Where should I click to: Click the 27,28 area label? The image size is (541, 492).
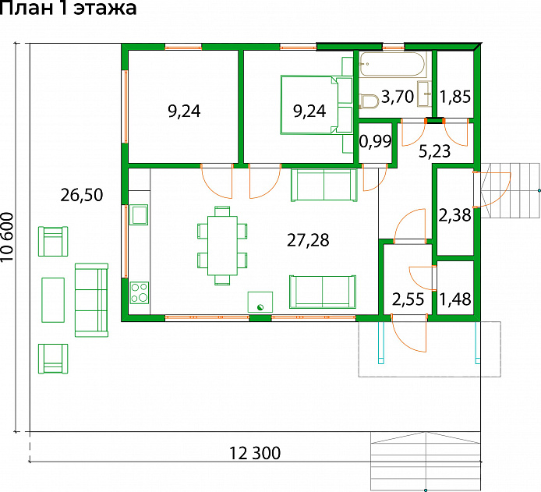click(308, 240)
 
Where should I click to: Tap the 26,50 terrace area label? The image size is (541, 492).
click(82, 195)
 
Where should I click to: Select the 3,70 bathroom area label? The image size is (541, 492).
click(397, 97)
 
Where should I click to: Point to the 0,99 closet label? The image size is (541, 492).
click(376, 141)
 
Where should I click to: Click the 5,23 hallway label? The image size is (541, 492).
click(435, 151)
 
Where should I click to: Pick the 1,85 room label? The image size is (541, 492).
click(455, 97)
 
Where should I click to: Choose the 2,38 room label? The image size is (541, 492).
click(454, 215)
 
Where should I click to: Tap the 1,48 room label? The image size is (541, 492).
click(455, 299)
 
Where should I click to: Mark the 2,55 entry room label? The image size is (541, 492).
click(408, 299)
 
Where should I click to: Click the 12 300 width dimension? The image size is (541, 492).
click(255, 453)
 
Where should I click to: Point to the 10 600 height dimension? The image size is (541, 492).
click(8, 237)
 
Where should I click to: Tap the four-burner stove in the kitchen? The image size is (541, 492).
click(140, 293)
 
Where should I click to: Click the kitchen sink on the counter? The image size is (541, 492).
click(139, 214)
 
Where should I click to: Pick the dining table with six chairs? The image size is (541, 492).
click(222, 246)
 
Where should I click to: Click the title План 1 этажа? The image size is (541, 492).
click(69, 8)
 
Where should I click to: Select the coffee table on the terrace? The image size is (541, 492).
click(53, 300)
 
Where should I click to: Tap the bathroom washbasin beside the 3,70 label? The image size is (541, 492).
click(424, 94)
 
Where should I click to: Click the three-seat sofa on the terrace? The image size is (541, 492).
click(91, 300)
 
